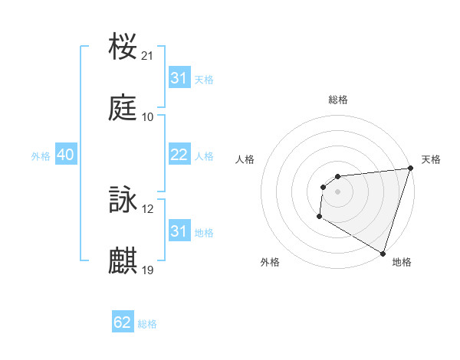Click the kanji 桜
[x=123, y=47]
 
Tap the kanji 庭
[x=123, y=108]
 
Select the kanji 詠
[x=123, y=201]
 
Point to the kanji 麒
[x=123, y=261]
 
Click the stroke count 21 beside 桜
[x=148, y=56]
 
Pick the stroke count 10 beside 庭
[x=148, y=117]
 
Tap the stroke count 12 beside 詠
[x=148, y=209]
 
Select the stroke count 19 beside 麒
[x=148, y=270]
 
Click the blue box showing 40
[x=65, y=155]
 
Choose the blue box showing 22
[x=179, y=155]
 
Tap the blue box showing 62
[x=123, y=322]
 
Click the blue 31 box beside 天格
[x=179, y=78]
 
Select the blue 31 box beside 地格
[x=179, y=231]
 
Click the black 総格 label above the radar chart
[x=337, y=100]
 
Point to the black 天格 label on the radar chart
[x=431, y=159]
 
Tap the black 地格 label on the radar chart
[x=402, y=262]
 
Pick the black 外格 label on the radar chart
[x=270, y=262]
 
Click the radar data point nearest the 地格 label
[x=383, y=253]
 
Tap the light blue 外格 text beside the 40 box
[x=41, y=155]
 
